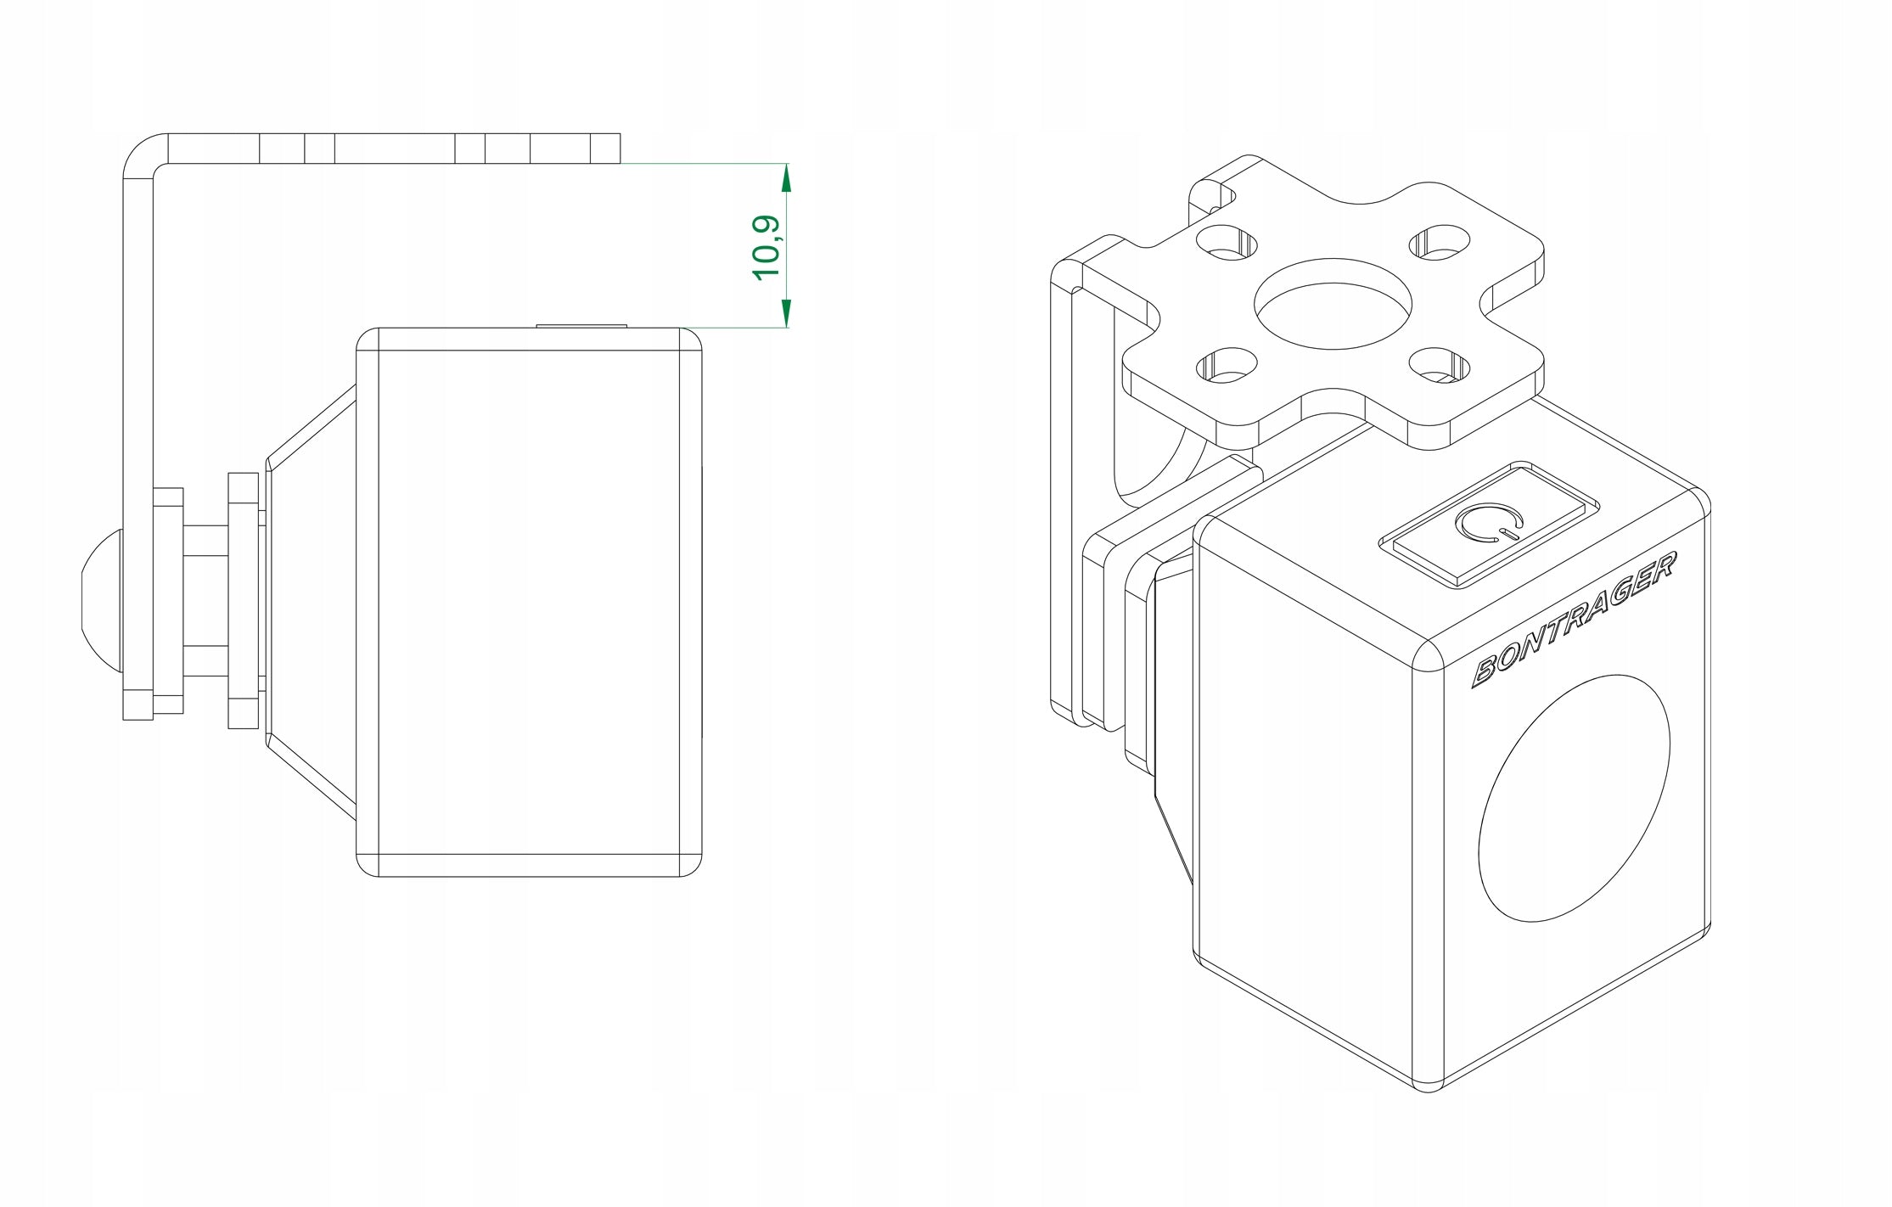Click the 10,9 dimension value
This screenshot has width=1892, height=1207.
pos(766,248)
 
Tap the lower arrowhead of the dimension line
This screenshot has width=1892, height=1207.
pos(786,312)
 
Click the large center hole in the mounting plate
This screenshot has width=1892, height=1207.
pos(1333,304)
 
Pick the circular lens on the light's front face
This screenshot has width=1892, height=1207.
pos(1574,799)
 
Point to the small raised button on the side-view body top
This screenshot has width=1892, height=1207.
pos(581,325)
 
